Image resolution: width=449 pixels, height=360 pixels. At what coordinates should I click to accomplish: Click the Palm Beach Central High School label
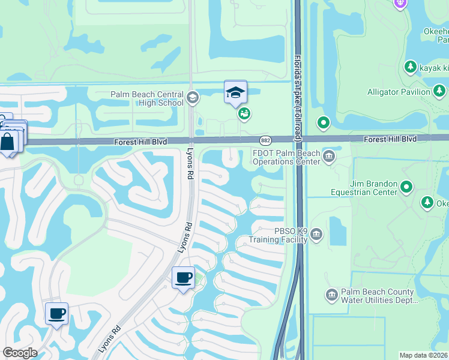pyautogui.click(x=147, y=98)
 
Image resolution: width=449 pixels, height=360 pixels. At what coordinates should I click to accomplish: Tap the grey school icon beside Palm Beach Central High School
pyautogui.click(x=193, y=98)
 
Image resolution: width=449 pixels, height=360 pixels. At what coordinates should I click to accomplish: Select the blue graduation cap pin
pyautogui.click(x=235, y=92)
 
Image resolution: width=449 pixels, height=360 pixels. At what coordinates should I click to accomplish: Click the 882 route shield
pyautogui.click(x=265, y=140)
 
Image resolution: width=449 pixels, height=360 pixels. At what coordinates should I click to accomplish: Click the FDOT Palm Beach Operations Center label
pyautogui.click(x=286, y=157)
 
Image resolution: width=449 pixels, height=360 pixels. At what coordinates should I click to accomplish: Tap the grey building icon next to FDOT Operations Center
pyautogui.click(x=329, y=157)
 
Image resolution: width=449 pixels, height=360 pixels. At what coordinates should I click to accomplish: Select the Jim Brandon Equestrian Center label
pyautogui.click(x=364, y=188)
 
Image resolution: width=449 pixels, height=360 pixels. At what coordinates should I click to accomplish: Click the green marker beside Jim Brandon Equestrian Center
pyautogui.click(x=406, y=187)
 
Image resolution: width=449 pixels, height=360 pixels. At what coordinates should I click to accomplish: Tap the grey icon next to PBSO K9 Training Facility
pyautogui.click(x=316, y=235)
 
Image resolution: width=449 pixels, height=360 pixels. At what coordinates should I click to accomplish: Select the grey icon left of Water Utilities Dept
pyautogui.click(x=331, y=295)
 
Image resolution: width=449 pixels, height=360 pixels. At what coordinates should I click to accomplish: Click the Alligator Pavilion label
pyautogui.click(x=399, y=92)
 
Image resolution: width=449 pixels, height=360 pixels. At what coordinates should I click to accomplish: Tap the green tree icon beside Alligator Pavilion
pyautogui.click(x=440, y=91)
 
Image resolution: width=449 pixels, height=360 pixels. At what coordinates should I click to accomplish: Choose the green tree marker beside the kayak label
pyautogui.click(x=411, y=67)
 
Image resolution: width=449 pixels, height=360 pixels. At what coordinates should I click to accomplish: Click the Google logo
pyautogui.click(x=20, y=353)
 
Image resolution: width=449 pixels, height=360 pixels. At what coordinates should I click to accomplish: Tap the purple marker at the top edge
pyautogui.click(x=401, y=4)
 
